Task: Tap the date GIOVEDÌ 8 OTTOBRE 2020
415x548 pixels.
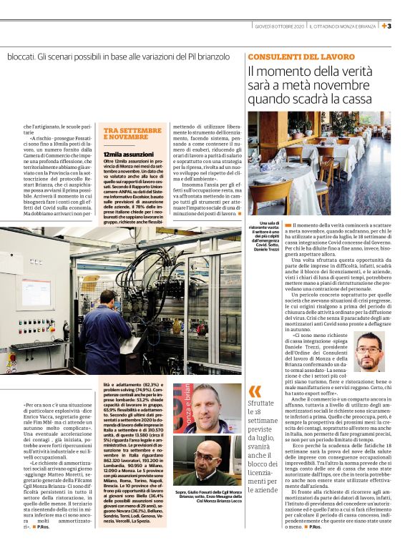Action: click(278, 26)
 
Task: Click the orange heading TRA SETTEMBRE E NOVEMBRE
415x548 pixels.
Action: click(132, 134)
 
